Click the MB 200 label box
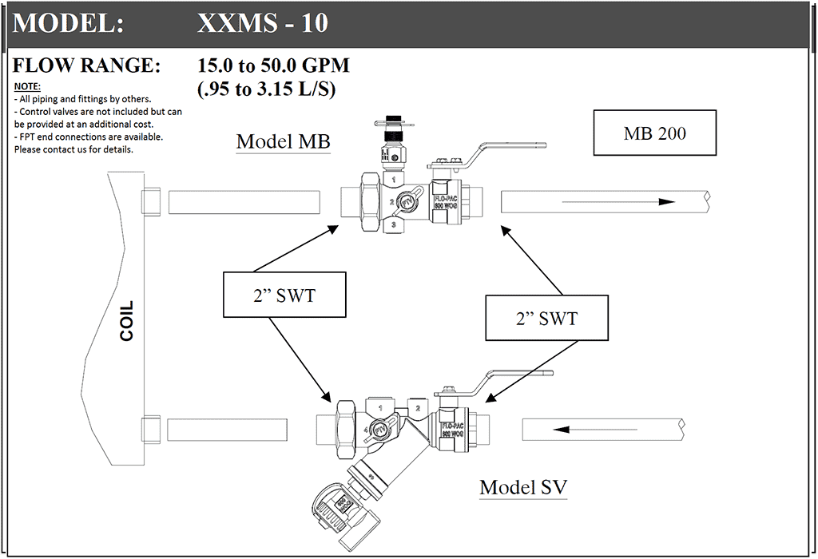coord(655,133)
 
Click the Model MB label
coord(283,142)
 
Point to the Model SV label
coord(523,486)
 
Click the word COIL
coord(126,321)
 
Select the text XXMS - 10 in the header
coord(262,23)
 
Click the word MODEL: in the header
coord(68,23)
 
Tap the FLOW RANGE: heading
coord(86,65)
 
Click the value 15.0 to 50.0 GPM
coord(273,65)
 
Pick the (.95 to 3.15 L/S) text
coord(266,88)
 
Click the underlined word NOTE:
coord(27,86)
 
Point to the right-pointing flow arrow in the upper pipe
coord(619,202)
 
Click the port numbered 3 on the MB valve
coord(392,226)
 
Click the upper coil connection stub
coord(151,201)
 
